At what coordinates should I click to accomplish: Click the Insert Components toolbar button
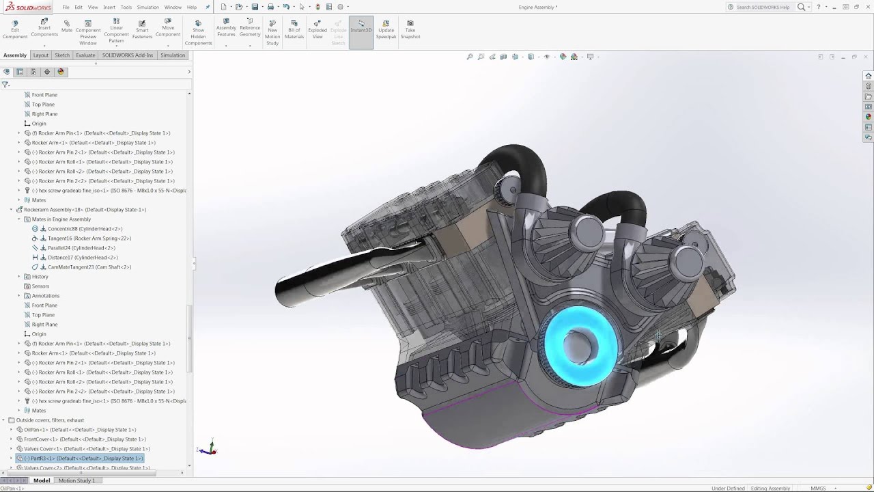[44, 30]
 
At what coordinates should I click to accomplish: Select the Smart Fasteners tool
[142, 30]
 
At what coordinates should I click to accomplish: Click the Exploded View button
[318, 30]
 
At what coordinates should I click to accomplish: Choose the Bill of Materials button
[294, 30]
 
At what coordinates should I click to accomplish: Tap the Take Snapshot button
[410, 30]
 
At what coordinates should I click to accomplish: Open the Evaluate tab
[85, 55]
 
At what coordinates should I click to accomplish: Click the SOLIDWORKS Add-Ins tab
[128, 55]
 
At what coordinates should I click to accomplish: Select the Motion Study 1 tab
[76, 480]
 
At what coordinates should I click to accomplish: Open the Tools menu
[126, 7]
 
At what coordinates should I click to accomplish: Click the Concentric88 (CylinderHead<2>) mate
[85, 229]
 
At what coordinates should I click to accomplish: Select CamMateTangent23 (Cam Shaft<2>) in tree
[89, 267]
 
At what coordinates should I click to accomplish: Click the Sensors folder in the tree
[40, 286]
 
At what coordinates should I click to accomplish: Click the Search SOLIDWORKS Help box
[762, 7]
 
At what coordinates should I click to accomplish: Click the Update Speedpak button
[386, 30]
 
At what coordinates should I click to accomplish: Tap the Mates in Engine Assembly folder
[61, 219]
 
